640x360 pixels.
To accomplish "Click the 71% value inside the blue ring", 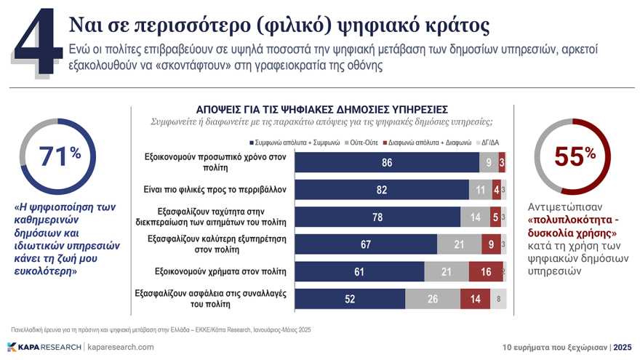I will (x=59, y=156).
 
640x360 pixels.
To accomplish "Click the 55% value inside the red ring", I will (x=575, y=156).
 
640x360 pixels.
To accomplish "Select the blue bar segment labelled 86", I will (x=386, y=163).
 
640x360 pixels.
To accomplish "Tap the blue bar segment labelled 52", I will (x=350, y=297).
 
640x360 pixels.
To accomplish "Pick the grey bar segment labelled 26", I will (x=432, y=297).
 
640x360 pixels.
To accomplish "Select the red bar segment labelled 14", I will (x=475, y=297).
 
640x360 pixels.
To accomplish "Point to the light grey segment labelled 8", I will (x=498, y=297).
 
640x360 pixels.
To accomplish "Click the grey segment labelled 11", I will (x=480, y=190).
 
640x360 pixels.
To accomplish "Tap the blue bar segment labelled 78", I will (x=377, y=217).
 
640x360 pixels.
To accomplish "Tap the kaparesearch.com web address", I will (x=121, y=347).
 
